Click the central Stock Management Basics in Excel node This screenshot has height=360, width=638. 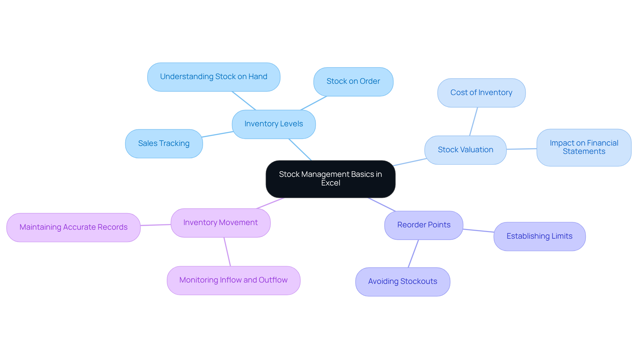[330, 179]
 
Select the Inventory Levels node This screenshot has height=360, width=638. [273, 124]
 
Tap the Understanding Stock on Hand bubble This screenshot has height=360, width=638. [214, 77]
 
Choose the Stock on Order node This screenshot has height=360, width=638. [353, 81]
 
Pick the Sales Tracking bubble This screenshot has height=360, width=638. [164, 144]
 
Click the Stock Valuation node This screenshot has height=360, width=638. [465, 150]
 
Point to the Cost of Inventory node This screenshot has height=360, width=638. [481, 93]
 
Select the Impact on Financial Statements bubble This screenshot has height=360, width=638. [584, 147]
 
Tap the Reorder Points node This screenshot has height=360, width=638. [424, 225]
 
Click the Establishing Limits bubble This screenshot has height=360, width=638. [539, 236]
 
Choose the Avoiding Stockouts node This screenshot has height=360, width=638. [402, 282]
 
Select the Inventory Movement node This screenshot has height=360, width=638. [220, 223]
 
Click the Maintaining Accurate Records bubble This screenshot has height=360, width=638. [73, 227]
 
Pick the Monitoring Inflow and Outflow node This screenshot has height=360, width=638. [233, 280]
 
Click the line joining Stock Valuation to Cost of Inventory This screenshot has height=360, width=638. [474, 121]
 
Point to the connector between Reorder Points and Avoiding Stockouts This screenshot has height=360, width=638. [413, 254]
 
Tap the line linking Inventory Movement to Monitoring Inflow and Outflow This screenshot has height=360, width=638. [227, 252]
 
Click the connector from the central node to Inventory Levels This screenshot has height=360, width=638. [300, 150]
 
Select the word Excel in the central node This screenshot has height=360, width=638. [331, 183]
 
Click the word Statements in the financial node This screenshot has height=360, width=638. [584, 152]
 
